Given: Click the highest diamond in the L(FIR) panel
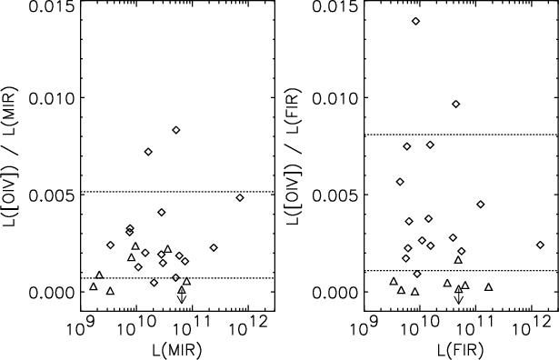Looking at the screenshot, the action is [415, 21].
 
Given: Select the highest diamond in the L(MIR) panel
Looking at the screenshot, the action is [176, 130].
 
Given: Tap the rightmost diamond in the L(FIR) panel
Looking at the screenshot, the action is [541, 245].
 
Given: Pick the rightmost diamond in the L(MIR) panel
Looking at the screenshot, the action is [240, 197].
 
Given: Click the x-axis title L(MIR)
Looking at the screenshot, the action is [177, 350].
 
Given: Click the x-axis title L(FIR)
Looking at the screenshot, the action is [460, 350].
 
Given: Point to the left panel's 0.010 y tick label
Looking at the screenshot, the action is [53, 97].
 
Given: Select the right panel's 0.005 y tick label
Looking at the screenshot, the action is [335, 195].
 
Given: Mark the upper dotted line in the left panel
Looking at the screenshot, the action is [177, 192].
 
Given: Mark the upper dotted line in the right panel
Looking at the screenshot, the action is [460, 135].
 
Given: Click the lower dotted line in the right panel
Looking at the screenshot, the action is [460, 271].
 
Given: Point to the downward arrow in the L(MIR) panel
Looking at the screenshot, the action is [182, 295].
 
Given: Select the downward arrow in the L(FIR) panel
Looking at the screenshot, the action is [458, 295].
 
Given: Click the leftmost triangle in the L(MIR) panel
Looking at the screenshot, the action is [94, 286].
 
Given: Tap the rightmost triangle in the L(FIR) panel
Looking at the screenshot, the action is [489, 287].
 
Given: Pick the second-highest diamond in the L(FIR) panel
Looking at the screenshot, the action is [455, 104].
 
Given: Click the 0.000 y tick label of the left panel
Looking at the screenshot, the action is [53, 293].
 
